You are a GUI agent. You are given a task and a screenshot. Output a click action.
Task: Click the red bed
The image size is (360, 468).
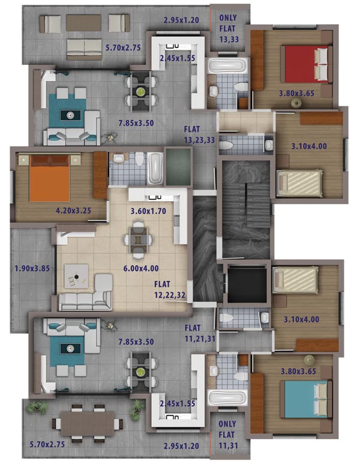(x=306, y=64)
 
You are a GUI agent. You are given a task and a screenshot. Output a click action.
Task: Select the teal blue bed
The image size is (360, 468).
(x=306, y=400)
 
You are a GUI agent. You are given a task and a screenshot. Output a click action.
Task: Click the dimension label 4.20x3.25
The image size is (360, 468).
(x=73, y=211)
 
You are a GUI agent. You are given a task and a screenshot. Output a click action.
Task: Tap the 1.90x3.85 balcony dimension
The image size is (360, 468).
(x=32, y=269)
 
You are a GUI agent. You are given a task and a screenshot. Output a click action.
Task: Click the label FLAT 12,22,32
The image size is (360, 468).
(x=170, y=290)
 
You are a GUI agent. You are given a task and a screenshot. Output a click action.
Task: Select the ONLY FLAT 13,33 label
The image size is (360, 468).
(x=229, y=28)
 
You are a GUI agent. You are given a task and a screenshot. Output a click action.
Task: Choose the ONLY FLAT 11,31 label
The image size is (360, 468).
(x=229, y=434)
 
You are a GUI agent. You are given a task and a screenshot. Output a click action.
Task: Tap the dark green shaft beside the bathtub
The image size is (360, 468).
(x=178, y=167)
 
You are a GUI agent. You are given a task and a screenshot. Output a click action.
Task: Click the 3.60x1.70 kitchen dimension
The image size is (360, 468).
(x=148, y=211)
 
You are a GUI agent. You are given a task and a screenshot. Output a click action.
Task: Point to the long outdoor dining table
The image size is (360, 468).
(x=88, y=424)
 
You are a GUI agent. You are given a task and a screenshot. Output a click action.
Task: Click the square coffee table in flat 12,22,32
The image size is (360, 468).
(x=76, y=276)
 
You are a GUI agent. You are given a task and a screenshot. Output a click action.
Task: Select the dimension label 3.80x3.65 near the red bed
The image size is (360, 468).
(x=297, y=94)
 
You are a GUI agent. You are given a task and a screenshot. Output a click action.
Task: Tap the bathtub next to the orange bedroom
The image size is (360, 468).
(x=155, y=169)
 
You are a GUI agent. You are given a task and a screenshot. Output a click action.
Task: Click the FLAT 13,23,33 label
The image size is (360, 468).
(x=199, y=134)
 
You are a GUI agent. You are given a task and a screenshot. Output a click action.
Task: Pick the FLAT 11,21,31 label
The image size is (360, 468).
(x=200, y=333)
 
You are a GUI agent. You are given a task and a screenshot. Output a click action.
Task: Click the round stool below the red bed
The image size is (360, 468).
(x=296, y=104)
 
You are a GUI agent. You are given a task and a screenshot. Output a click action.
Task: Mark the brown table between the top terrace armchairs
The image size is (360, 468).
(x=83, y=23)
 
